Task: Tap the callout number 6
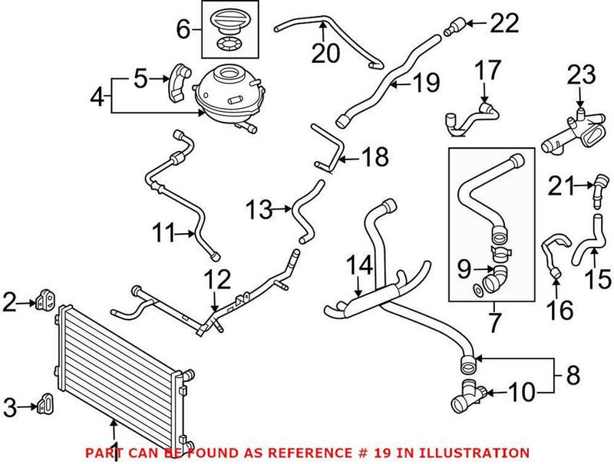[183, 30]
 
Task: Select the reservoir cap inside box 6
[230, 18]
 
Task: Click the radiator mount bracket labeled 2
[44, 302]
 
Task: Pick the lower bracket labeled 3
[45, 404]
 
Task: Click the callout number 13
[259, 207]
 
